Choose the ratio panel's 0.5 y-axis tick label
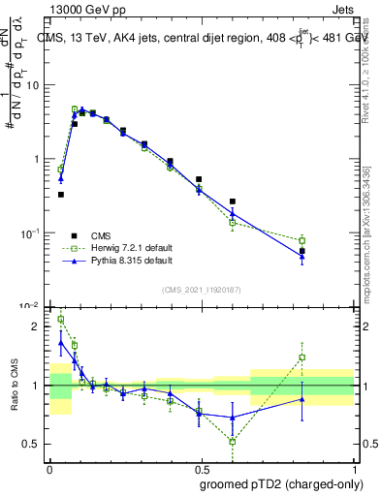click(31, 444)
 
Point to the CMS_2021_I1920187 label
click(201, 290)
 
